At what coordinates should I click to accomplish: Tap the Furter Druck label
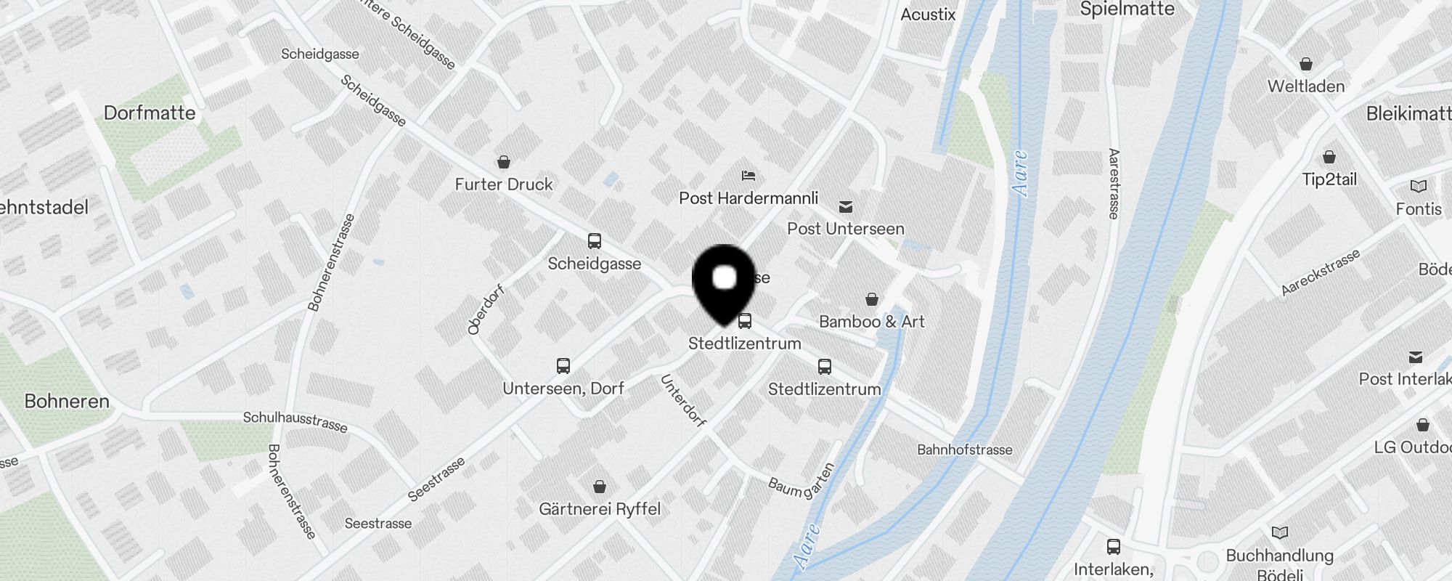pyautogui.click(x=504, y=184)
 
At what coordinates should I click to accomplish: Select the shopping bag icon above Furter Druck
pyautogui.click(x=504, y=161)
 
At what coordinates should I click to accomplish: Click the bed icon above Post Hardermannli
pyautogui.click(x=749, y=176)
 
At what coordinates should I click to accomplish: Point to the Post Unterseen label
pyautogui.click(x=846, y=229)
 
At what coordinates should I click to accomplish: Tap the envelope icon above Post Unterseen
pyautogui.click(x=846, y=207)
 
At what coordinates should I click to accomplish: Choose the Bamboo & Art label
pyautogui.click(x=871, y=322)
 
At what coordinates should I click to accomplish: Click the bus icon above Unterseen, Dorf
pyautogui.click(x=563, y=366)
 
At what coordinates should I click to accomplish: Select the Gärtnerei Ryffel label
pyautogui.click(x=600, y=509)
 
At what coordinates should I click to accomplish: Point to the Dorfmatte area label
pyautogui.click(x=150, y=113)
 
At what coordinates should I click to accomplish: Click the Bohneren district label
pyautogui.click(x=67, y=402)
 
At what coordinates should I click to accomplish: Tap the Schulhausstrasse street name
pyautogui.click(x=295, y=421)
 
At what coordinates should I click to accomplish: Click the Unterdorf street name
pyautogui.click(x=682, y=401)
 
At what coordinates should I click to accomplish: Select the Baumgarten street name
pyautogui.click(x=802, y=482)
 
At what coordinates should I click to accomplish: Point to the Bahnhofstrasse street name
pyautogui.click(x=964, y=450)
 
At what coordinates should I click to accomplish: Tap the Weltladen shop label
pyautogui.click(x=1305, y=86)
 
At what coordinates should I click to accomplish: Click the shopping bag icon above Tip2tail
pyautogui.click(x=1329, y=157)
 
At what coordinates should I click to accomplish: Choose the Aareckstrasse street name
pyautogui.click(x=1320, y=273)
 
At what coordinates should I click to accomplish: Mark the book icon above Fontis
pyautogui.click(x=1418, y=187)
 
